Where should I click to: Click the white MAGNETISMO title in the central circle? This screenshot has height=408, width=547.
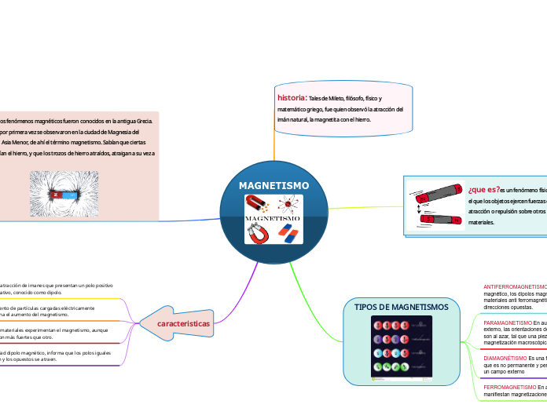[273, 185]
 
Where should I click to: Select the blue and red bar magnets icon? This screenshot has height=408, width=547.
[290, 233]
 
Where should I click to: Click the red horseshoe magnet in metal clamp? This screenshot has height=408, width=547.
[259, 233]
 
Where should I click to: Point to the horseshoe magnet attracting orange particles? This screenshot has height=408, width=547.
[259, 206]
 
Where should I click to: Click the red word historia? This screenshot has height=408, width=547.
[292, 98]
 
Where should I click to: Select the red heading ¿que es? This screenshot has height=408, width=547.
[484, 189]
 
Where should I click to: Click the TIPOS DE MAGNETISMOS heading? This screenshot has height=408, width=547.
[402, 307]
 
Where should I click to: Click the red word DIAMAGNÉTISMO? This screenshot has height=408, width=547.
[505, 358]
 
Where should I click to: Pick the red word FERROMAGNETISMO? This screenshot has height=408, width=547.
[508, 388]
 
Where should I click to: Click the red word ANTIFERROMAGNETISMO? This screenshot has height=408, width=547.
[515, 287]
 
